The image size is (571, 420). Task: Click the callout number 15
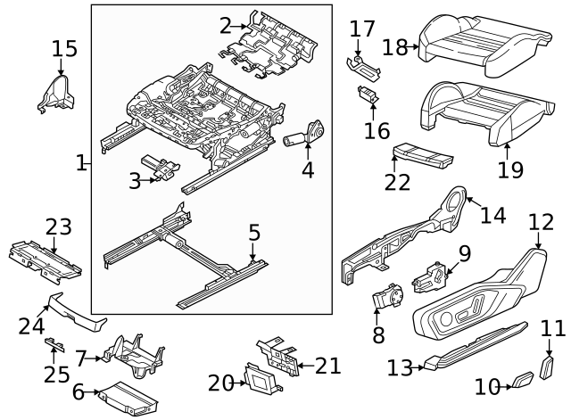[x=64, y=48]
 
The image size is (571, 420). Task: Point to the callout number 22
[x=398, y=181]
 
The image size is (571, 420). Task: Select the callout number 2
[x=225, y=26]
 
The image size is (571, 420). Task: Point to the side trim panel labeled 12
[x=482, y=299]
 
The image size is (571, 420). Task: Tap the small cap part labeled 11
[x=549, y=366]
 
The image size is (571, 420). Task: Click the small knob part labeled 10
[x=522, y=383]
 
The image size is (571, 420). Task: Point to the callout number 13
[x=400, y=366]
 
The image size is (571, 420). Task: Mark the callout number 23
[x=58, y=227]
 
